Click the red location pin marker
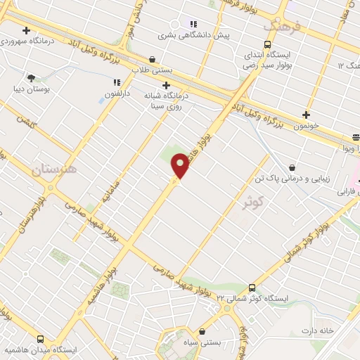point(180,165)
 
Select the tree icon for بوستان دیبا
point(31,78)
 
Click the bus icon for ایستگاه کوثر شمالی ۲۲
point(252,288)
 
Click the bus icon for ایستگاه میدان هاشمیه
point(40,338)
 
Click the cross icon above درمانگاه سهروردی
point(26,30)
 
